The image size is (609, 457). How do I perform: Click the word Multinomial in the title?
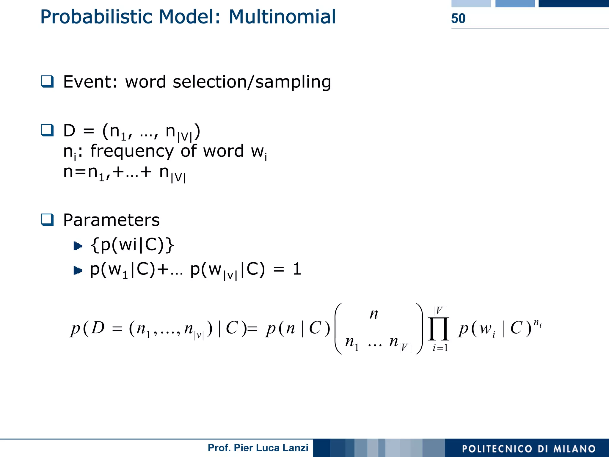pos(282,17)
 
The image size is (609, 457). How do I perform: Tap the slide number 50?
pos(458,18)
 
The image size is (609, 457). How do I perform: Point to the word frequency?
pos(132,151)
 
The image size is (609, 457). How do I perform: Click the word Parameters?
pos(111,220)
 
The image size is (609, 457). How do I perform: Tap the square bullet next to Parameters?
pos(47,220)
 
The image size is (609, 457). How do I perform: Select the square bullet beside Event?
pos(47,81)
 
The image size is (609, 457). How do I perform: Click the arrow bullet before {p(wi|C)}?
pos(78,246)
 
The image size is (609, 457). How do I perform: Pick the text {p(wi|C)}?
pos(132,245)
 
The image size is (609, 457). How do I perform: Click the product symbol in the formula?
pos(438,329)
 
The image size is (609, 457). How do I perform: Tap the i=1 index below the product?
pos(440,348)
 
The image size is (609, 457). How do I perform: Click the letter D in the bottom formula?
pos(98,328)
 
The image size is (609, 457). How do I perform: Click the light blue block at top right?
pos(471,3)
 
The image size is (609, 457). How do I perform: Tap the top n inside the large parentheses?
pos(374,314)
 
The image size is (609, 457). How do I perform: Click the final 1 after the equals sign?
pos(297,269)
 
